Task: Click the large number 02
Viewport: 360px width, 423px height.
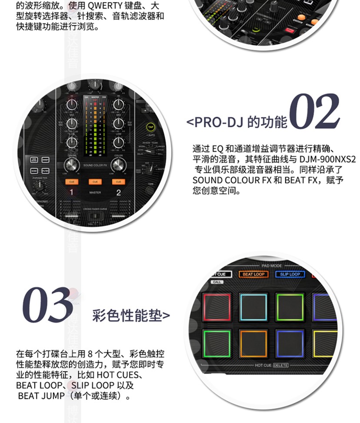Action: [314, 112]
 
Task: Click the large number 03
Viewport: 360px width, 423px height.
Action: [47, 305]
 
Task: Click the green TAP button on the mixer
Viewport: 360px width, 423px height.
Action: [150, 127]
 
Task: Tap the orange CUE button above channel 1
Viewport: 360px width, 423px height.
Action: [71, 182]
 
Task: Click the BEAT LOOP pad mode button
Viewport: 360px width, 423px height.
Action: [253, 274]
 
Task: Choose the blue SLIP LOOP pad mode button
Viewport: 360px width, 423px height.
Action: [290, 274]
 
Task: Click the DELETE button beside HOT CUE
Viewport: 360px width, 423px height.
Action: [281, 365]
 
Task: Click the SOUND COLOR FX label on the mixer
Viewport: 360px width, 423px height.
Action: [95, 165]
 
